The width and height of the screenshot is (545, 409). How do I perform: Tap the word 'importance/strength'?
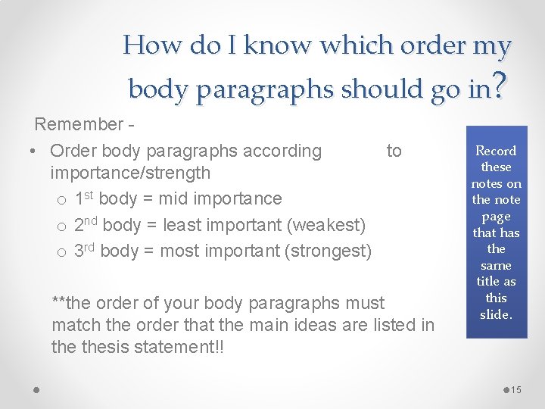click(x=130, y=173)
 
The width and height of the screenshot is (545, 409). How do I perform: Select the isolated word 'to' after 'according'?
click(x=394, y=151)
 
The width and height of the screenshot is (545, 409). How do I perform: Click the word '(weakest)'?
click(x=331, y=225)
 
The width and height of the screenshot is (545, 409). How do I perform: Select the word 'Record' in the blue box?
click(x=496, y=151)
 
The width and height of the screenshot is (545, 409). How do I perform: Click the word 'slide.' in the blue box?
click(x=496, y=314)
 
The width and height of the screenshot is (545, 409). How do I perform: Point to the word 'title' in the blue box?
click(x=488, y=281)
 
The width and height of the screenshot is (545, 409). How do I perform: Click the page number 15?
click(x=517, y=389)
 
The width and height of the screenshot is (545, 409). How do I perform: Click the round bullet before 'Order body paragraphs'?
click(x=36, y=151)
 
